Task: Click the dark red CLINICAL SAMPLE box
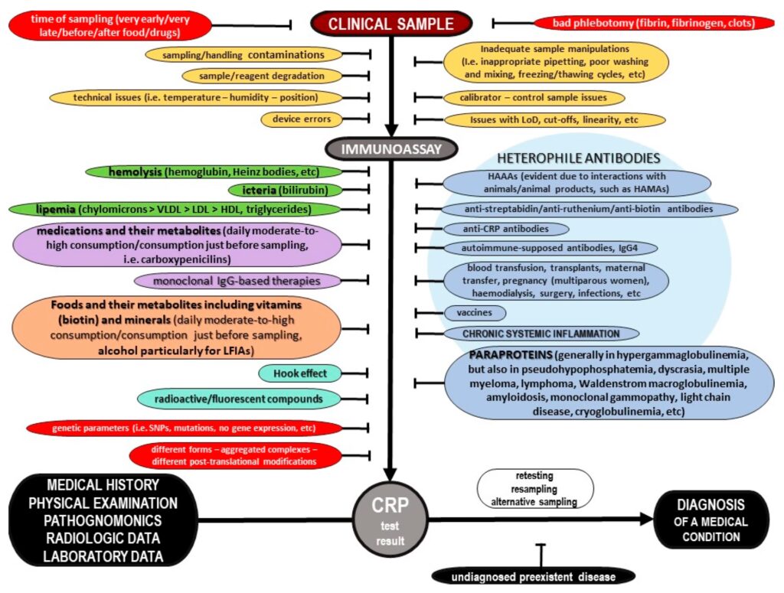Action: pyautogui.click(x=390, y=24)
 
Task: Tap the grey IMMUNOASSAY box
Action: pyautogui.click(x=391, y=148)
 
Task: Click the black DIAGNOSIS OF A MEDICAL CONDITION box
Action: pyautogui.click(x=712, y=520)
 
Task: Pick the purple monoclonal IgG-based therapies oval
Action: pyautogui.click(x=238, y=281)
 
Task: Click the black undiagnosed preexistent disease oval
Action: pyautogui.click(x=534, y=575)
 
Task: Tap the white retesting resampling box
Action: pyautogui.click(x=535, y=488)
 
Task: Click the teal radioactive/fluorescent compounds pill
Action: pyautogui.click(x=239, y=398)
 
